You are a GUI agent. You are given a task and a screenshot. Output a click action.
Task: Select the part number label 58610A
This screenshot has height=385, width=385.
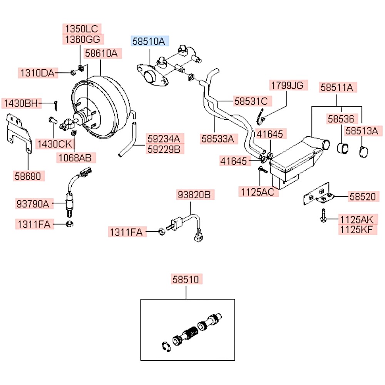101,53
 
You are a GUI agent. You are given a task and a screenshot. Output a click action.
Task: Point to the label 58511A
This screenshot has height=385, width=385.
337,87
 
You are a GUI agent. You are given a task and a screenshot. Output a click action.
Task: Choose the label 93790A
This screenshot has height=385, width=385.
33,203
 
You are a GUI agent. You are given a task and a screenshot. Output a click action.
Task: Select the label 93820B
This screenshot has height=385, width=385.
193,195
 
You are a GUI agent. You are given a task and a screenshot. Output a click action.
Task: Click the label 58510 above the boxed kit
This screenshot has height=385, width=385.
186,280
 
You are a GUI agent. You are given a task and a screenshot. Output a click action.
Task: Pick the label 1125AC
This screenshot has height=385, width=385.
258,192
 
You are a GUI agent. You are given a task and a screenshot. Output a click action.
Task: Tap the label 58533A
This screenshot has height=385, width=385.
217,138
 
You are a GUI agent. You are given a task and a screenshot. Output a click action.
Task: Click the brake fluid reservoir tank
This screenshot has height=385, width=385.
296,162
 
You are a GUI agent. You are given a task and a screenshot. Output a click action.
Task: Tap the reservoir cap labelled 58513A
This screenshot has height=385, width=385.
364,152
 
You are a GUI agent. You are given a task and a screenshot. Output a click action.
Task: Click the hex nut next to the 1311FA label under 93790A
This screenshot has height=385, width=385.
70,224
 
